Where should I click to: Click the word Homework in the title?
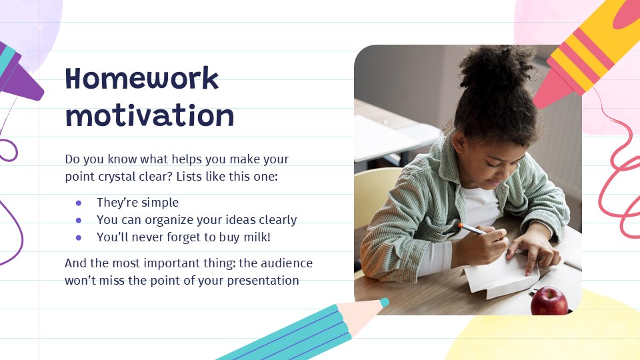tap(142, 79)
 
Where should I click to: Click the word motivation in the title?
tap(150, 116)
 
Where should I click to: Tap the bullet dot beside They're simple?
tap(79, 203)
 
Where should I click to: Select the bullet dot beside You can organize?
tap(79, 220)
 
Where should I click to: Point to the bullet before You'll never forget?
tap(79, 237)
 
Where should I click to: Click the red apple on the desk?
tap(549, 301)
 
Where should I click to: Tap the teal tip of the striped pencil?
tap(383, 302)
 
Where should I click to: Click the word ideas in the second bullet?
tap(229, 220)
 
